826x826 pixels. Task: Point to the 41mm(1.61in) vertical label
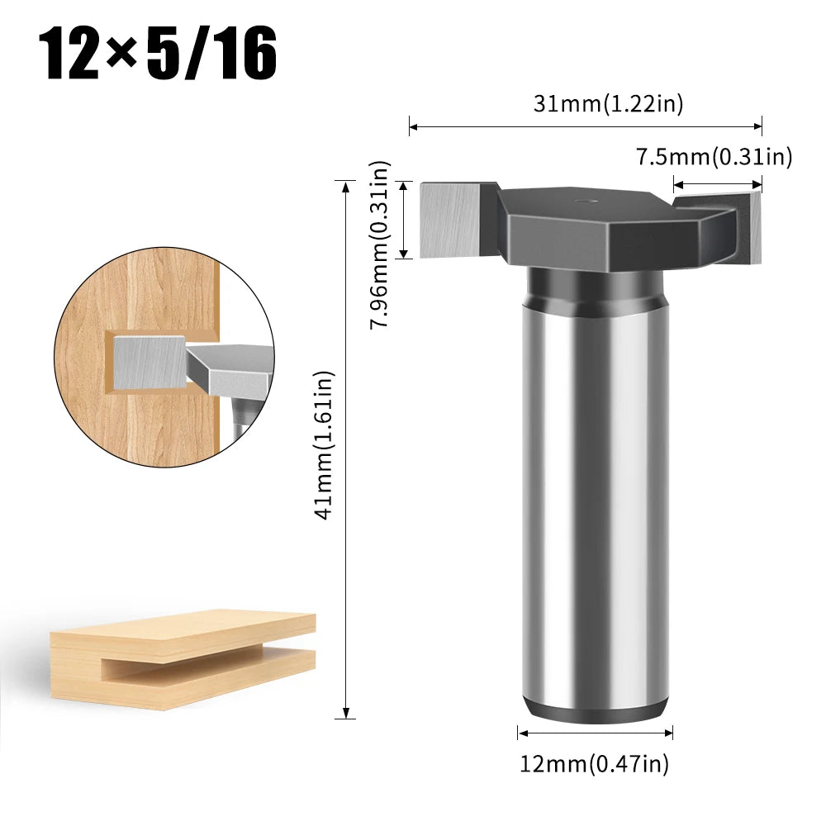324,445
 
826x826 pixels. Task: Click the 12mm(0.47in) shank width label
595,764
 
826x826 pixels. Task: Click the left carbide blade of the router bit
450,218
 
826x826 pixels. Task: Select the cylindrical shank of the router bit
596,496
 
